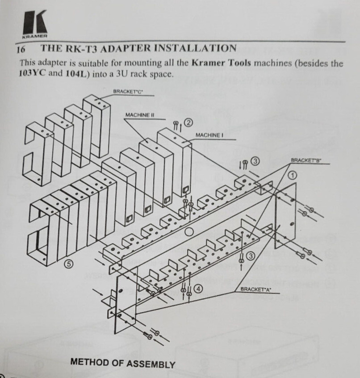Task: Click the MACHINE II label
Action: (139, 115)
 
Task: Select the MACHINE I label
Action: (208, 135)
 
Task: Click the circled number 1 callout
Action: (292, 175)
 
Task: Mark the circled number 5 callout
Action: (69, 264)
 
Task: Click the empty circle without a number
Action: (189, 231)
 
